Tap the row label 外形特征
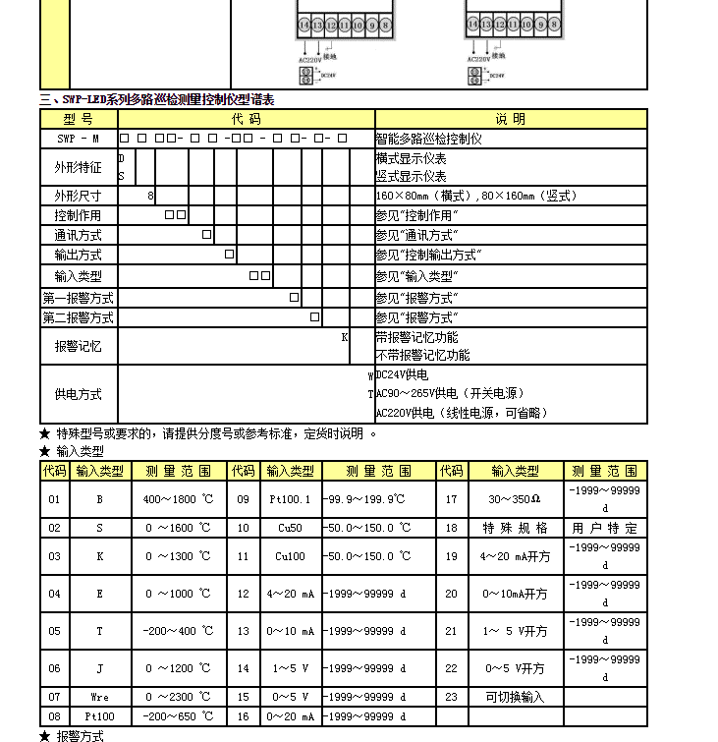(x=78, y=168)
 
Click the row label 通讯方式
(x=78, y=235)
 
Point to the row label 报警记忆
(x=78, y=346)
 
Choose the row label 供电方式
(x=78, y=394)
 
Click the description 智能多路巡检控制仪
(x=428, y=139)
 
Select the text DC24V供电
(x=403, y=375)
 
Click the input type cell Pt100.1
(x=291, y=499)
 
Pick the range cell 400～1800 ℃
(x=178, y=499)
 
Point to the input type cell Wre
(x=98, y=697)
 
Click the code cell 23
(x=451, y=697)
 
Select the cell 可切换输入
(x=515, y=697)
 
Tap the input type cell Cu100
(x=291, y=556)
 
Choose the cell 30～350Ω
(x=515, y=499)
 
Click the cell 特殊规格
(x=515, y=528)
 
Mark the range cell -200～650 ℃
(x=178, y=716)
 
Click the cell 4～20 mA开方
(x=515, y=556)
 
